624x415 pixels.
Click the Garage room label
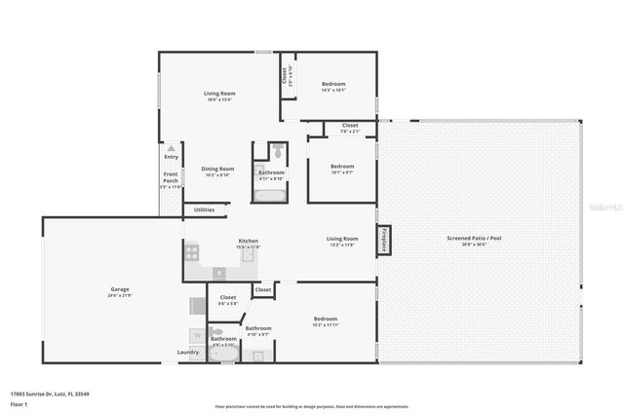[121, 289]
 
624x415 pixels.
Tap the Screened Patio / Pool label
[482, 240]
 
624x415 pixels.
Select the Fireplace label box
[384, 241]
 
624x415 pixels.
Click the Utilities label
[204, 209]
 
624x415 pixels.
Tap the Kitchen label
[249, 244]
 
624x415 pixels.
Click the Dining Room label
[216, 171]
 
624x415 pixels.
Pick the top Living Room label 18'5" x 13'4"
[219, 95]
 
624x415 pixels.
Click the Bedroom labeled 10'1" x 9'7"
[341, 169]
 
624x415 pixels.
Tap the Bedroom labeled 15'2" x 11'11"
[325, 321]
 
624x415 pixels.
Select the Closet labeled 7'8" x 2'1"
[349, 128]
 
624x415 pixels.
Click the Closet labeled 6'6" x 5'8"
[227, 300]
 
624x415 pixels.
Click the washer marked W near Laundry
[196, 334]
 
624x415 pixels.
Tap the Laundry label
[187, 353]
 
